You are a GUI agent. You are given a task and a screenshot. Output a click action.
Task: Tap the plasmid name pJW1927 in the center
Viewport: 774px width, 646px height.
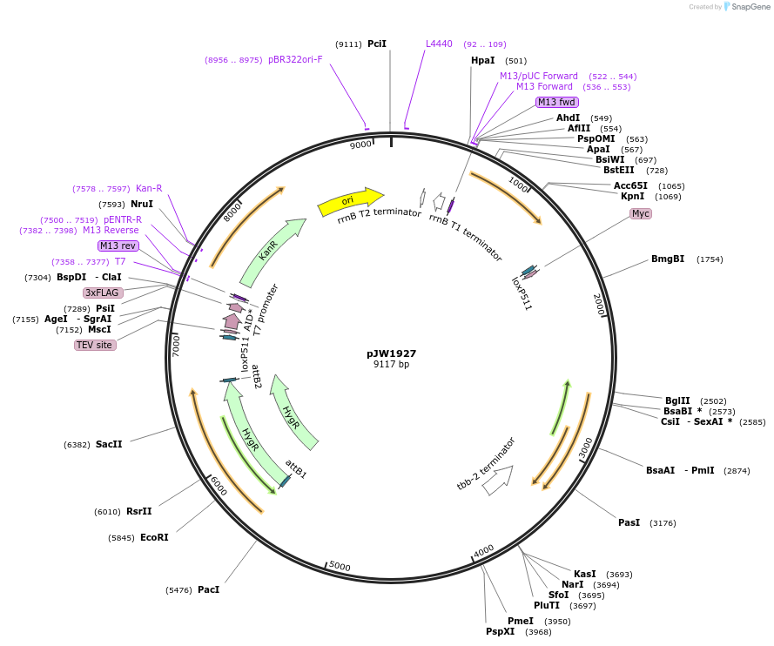click(391, 353)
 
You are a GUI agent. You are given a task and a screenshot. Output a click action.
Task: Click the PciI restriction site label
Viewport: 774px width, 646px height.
click(377, 44)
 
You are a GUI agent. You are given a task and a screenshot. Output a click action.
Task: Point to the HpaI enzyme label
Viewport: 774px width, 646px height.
click(482, 61)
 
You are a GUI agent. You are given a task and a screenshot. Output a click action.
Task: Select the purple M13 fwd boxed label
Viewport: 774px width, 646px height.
click(556, 102)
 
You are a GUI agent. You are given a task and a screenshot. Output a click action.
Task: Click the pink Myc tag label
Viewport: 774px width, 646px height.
click(641, 214)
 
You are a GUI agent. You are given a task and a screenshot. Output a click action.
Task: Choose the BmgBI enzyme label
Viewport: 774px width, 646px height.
click(668, 259)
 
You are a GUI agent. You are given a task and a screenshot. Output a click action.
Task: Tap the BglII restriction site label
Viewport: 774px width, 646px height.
click(677, 400)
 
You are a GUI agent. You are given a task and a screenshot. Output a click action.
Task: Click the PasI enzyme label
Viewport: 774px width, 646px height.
click(629, 522)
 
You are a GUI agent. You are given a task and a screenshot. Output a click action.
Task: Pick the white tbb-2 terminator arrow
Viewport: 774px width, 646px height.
click(497, 479)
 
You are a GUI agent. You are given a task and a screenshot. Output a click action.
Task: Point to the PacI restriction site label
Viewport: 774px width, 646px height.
click(208, 589)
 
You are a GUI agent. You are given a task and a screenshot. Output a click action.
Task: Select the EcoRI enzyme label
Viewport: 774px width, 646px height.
click(154, 537)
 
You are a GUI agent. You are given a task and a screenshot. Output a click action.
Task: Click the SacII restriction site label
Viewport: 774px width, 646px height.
click(109, 444)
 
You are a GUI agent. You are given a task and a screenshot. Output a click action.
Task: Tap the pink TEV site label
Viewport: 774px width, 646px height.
click(95, 345)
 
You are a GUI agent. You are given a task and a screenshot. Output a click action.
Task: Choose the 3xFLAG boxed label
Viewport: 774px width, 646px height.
click(103, 293)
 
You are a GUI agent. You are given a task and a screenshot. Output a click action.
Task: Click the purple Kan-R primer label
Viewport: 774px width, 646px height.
click(149, 188)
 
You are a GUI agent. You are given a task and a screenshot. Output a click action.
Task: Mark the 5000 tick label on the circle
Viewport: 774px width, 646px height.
click(340, 567)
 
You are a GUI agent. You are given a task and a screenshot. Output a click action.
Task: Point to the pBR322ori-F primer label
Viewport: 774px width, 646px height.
click(295, 59)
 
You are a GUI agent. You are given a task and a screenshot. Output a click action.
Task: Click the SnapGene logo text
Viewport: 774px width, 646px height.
click(750, 7)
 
